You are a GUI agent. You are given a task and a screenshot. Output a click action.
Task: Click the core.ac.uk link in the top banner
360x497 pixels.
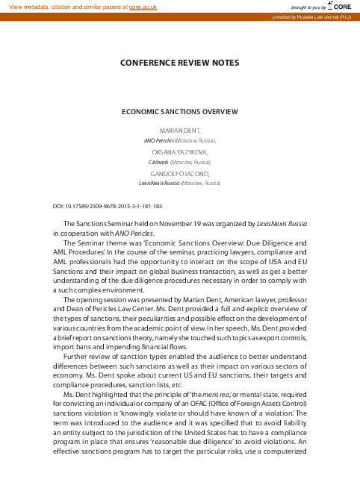click(x=143, y=6)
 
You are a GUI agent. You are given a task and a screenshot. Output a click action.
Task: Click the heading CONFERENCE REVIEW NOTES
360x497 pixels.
click(x=180, y=63)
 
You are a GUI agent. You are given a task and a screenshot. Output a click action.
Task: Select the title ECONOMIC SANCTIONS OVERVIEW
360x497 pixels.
click(x=180, y=112)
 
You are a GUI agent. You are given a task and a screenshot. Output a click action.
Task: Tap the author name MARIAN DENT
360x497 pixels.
click(x=179, y=130)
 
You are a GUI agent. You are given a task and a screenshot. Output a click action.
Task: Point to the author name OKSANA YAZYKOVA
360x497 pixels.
click(x=180, y=151)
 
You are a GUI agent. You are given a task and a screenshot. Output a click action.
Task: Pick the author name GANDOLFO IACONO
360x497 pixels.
click(x=180, y=173)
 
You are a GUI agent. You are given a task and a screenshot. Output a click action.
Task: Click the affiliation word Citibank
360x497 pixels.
click(x=158, y=161)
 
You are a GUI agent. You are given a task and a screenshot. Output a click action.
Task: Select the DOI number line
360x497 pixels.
click(x=108, y=206)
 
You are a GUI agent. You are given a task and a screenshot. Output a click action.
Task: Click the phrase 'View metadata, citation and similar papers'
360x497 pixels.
click(x=65, y=6)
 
